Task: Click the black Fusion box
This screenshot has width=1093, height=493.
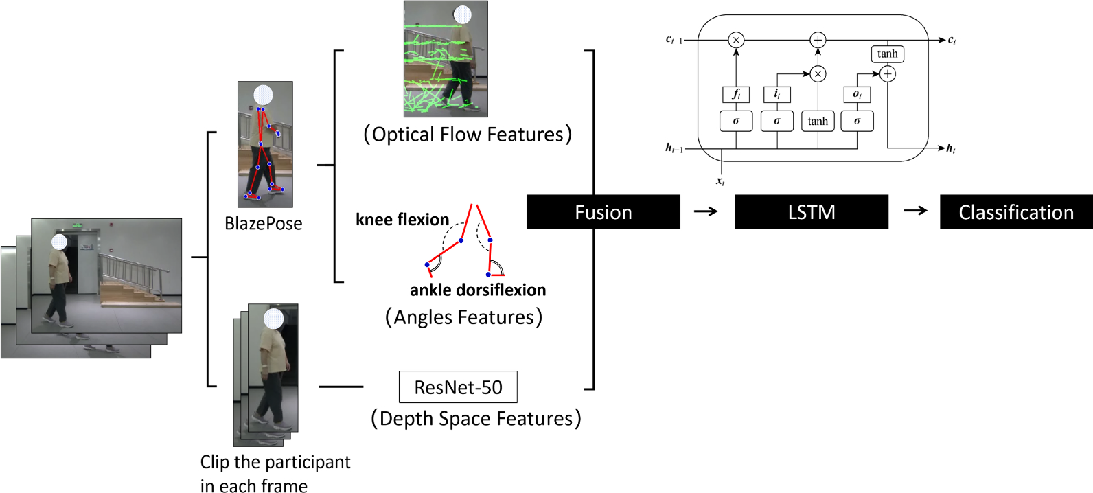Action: coord(603,212)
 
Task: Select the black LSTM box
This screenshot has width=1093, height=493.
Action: coord(812,212)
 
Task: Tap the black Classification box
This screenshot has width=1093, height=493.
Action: coord(1016,212)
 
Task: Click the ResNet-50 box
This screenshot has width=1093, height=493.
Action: coord(458,387)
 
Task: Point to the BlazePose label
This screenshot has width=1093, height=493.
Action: coord(264,224)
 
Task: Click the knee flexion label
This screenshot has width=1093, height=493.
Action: coord(402,220)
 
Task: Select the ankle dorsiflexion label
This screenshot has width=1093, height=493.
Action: coord(478,290)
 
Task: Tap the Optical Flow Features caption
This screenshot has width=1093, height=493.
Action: coord(468,134)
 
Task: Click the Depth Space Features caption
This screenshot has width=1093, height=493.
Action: coord(476,418)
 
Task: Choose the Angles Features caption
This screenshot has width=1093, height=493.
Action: coord(463,317)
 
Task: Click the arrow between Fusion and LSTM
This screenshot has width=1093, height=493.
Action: coord(706,211)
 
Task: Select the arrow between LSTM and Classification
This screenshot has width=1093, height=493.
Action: coord(915,211)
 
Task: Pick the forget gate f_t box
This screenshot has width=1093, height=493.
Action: coord(736,94)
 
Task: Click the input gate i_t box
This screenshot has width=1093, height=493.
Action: coord(776,94)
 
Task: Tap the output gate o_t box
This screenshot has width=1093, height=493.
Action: coord(857,94)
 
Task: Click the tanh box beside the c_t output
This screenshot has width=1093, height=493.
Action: coord(887,54)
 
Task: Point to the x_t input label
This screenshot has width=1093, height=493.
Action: coord(720,181)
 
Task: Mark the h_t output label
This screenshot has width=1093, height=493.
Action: coord(951,148)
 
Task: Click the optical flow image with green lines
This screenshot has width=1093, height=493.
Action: coord(446,59)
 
